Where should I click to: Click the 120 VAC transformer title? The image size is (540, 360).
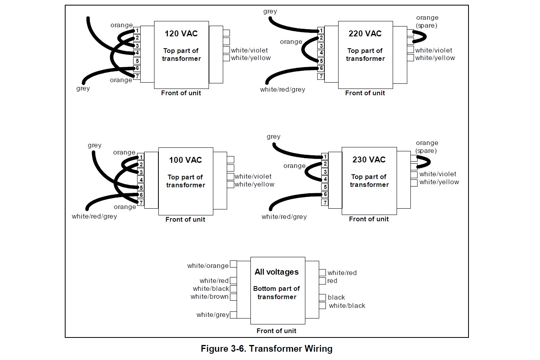pos(181,34)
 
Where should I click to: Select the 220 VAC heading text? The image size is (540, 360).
pos(365,34)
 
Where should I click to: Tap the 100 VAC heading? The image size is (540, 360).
pos(185,160)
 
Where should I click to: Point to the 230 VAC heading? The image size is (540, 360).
pos(369,160)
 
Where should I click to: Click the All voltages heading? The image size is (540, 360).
pos(277,272)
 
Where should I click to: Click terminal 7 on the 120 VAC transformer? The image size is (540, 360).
pos(137,76)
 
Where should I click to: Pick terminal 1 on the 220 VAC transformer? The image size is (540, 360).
pos(321,30)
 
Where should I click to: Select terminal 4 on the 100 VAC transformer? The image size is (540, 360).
pos(141,180)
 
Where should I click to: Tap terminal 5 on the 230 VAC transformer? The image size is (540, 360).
pos(325,187)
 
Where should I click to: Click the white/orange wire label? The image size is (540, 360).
pos(208,266)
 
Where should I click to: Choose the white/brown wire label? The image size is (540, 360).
pos(209,297)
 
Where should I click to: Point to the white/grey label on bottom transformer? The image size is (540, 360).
pos(213,315)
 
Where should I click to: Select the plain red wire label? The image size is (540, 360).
pos(332,281)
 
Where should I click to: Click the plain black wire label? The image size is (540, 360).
pos(336,298)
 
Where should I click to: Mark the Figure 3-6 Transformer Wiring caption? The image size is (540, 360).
pos(267,349)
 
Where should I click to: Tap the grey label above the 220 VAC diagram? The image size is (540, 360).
pos(270,11)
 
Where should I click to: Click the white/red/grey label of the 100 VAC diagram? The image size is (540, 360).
pos(94,217)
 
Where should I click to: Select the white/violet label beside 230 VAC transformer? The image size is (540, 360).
pos(438,174)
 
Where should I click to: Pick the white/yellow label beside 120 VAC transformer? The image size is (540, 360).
pos(251,58)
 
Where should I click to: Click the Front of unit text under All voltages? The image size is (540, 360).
pos(276,331)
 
